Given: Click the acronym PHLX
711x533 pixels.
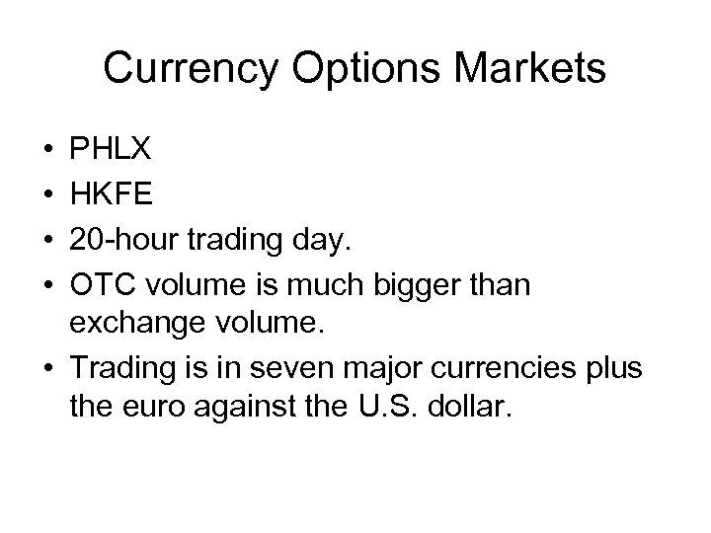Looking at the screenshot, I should pyautogui.click(x=111, y=149).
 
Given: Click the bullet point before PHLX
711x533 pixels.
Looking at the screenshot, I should pyautogui.click(x=48, y=150).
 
